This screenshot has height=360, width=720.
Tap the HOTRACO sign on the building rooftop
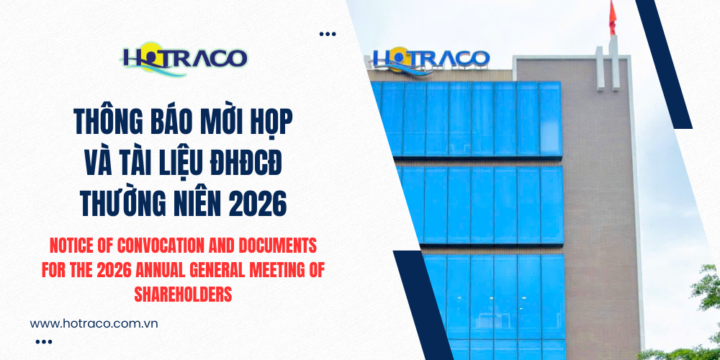(x=431, y=59)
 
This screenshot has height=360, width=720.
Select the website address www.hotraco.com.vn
(x=94, y=323)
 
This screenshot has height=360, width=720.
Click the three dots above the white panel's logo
(x=328, y=34)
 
